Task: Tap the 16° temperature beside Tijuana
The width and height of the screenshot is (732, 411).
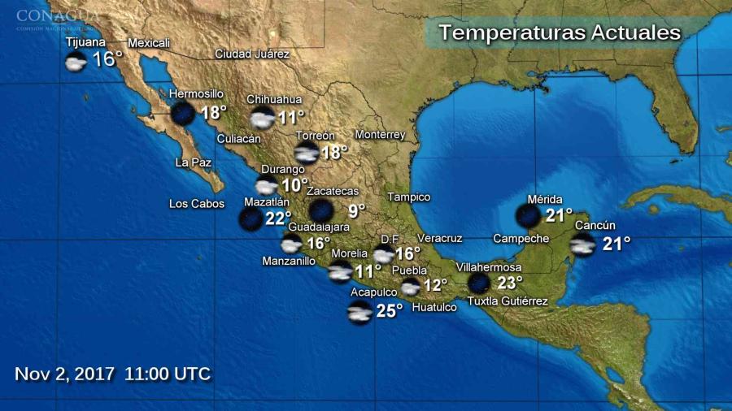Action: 107,59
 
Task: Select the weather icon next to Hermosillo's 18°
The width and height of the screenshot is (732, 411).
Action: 182,114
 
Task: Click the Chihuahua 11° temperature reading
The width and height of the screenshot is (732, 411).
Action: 291,118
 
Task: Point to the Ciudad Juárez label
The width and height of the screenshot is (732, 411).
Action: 252,54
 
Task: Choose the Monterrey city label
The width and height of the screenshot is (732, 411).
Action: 380,135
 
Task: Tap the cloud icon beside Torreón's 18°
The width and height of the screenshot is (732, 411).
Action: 307,154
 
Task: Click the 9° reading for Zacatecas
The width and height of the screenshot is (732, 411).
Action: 357,211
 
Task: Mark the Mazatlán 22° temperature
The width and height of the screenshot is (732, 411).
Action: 278,218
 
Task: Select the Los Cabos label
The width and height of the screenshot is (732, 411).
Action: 197,204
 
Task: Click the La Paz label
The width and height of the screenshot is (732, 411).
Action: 194,162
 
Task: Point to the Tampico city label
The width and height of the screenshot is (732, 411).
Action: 408,197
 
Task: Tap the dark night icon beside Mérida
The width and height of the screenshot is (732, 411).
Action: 529,216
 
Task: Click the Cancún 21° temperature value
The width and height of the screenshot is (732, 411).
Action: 617,243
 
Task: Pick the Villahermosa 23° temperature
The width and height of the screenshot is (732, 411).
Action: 510,283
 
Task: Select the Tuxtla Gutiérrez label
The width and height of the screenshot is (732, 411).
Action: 508,301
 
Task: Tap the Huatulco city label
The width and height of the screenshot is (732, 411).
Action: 434,307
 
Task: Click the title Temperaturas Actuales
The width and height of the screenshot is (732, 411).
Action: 560,33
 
